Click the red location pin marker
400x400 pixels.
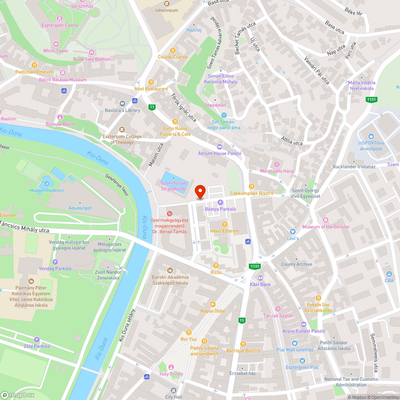click(200, 192)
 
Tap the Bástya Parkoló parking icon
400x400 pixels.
click(220, 203)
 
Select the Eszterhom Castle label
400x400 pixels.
click(60, 25)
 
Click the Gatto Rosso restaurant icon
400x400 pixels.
click(175, 122)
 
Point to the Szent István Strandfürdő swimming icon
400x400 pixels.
click(173, 178)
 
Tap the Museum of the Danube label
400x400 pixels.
click(326, 227)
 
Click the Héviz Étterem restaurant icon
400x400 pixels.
click(224, 224)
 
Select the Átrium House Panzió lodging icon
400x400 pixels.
click(219, 147)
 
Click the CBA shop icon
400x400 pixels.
click(389, 274)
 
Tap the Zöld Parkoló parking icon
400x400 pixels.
click(37, 340)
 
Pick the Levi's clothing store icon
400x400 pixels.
click(293, 232)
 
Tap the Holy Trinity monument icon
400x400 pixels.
click(171, 367)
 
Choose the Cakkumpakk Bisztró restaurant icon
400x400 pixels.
click(252, 186)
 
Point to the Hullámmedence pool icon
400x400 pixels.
click(47, 184)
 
